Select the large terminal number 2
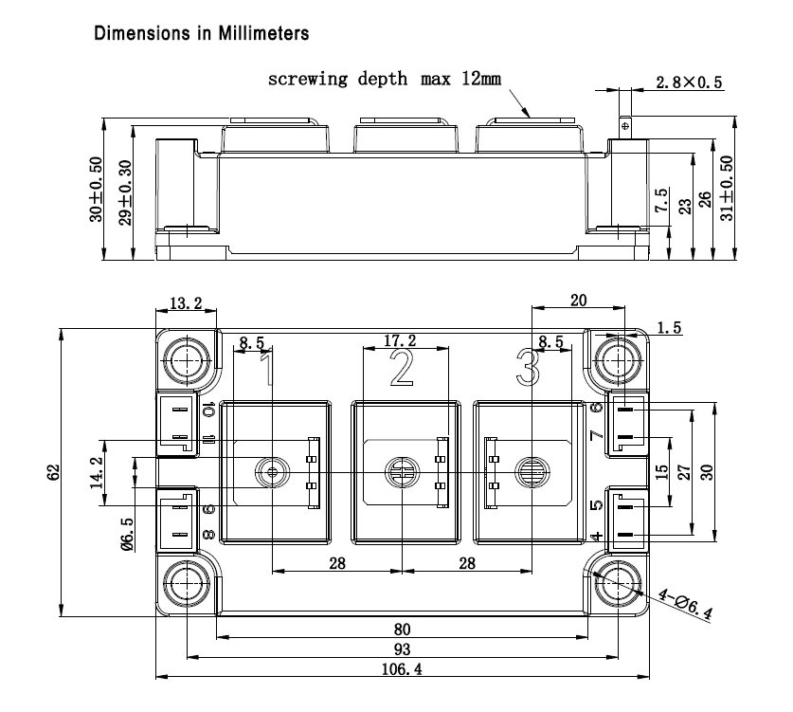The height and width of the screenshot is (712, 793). tap(402, 366)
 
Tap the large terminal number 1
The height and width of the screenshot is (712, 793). tap(268, 366)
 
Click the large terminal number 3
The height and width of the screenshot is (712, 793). tap(527, 366)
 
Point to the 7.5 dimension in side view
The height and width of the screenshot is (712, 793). tap(660, 201)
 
